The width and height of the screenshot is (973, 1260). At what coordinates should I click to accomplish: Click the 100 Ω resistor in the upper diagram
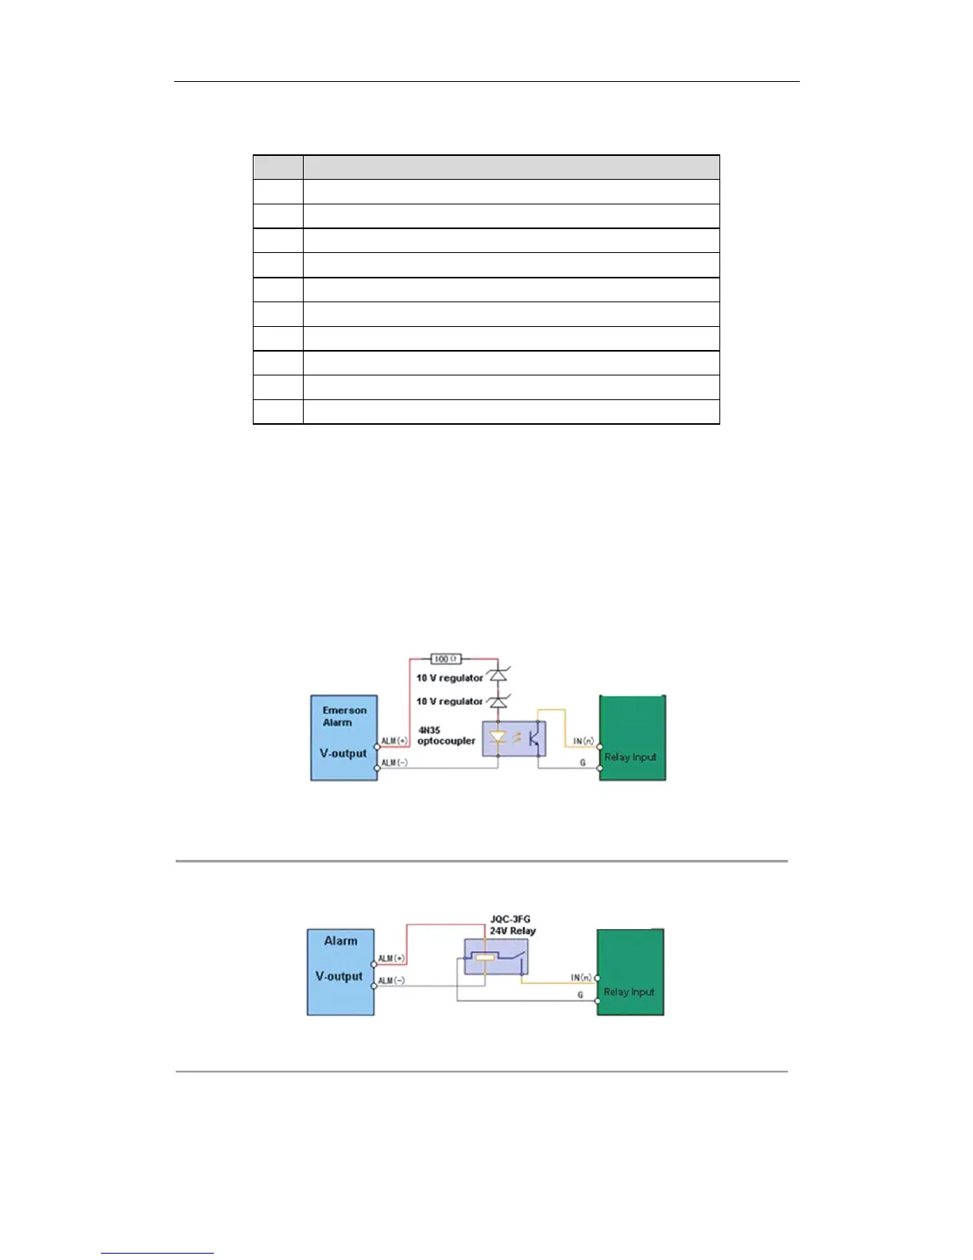[x=445, y=659]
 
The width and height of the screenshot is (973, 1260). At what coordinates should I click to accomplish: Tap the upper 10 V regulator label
[x=449, y=678]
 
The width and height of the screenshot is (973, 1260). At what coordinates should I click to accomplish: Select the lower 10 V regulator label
[x=449, y=701]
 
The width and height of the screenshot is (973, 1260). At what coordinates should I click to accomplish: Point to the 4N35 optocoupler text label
[x=445, y=736]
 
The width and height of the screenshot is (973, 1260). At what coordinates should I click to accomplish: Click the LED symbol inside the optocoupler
[x=498, y=738]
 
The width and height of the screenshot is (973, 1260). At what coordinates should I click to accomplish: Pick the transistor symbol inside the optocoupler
[x=535, y=737]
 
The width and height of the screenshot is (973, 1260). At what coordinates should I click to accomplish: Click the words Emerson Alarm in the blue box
[x=344, y=716]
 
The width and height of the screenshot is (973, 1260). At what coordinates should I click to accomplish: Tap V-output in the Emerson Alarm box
[x=343, y=753]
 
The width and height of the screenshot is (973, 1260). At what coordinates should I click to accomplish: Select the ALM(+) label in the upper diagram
[x=394, y=741]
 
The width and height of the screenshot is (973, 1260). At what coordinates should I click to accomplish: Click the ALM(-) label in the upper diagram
[x=394, y=763]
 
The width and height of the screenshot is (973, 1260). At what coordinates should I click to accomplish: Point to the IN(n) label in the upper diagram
[x=583, y=741]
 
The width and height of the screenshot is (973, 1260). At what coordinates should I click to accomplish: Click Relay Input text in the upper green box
[x=630, y=757]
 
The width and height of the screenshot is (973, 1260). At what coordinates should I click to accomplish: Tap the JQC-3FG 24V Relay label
[x=512, y=924]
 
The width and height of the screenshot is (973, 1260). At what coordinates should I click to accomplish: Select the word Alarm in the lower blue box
[x=340, y=941]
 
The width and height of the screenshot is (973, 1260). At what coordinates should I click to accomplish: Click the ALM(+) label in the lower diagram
[x=391, y=959]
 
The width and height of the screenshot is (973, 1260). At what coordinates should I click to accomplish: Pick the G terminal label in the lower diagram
[x=580, y=995]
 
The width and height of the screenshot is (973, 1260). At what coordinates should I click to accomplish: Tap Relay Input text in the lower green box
[x=629, y=992]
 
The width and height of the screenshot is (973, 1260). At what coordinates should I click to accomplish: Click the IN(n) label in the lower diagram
[x=581, y=978]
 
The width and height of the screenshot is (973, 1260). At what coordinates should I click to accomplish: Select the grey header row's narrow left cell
[x=278, y=167]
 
